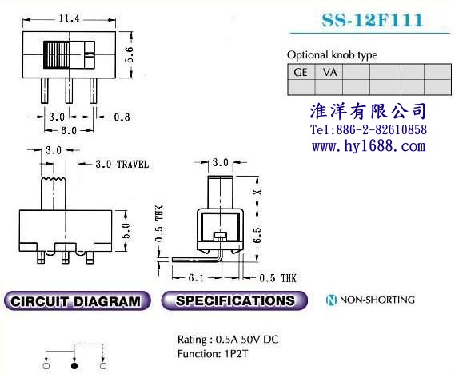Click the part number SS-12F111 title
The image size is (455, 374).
coord(372,20)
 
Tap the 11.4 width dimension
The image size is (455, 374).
coord(69,18)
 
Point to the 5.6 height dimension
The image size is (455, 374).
coord(129,54)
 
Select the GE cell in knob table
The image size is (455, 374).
coord(301,72)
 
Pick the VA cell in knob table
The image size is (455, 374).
coord(330,72)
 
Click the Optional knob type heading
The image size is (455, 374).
coord(333,55)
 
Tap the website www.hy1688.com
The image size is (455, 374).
coord(369,145)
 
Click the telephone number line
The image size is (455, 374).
coord(369,129)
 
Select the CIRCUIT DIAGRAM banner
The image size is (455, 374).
coord(78,300)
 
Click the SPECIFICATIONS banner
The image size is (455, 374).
coord(234,300)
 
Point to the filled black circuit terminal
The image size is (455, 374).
coord(74,366)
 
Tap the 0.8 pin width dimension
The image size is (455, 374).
coord(122,117)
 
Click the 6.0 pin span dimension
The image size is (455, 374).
coord(69,130)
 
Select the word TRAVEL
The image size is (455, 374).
coord(133,165)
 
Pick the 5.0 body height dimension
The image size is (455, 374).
coord(126,230)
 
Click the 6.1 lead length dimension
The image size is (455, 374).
coord(197,278)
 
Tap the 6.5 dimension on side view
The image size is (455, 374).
coord(257,235)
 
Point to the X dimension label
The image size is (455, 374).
coord(257,192)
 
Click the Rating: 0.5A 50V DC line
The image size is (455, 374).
coord(228,339)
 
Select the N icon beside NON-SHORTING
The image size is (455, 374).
coord(331,300)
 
